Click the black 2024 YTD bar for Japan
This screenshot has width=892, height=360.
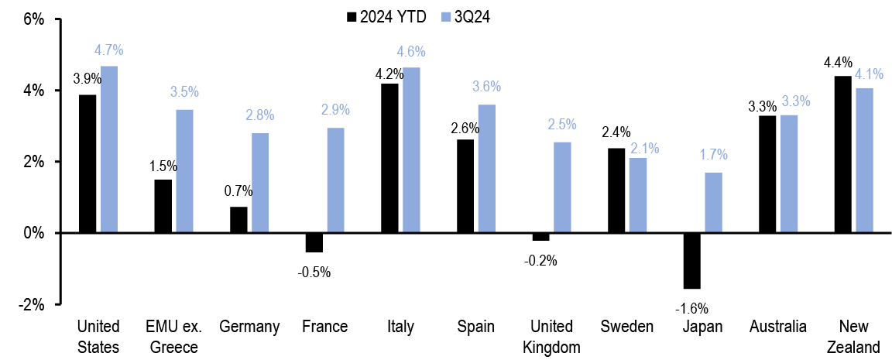click(x=691, y=261)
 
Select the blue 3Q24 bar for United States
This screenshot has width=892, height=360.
click(x=109, y=149)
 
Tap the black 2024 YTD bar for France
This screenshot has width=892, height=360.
click(x=314, y=242)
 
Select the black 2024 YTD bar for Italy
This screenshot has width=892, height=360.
click(x=389, y=158)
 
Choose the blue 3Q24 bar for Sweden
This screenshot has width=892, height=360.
click(x=637, y=195)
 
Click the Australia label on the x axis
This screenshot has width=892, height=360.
click(x=778, y=327)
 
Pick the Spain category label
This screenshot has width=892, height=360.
click(x=475, y=327)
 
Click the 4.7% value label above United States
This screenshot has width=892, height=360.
click(x=109, y=50)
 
